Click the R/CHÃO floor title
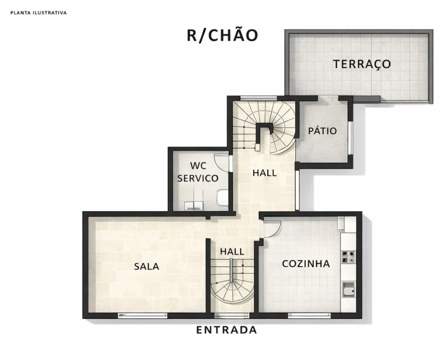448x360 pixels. click(223, 35)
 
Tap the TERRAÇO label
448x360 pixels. click(362, 64)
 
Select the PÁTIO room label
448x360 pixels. click(322, 131)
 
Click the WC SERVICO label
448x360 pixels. click(198, 172)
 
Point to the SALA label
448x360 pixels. click(147, 266)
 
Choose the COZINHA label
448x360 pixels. click(306, 263)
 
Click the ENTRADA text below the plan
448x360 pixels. click(227, 330)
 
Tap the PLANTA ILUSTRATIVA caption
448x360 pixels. click(39, 13)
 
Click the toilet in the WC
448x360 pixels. click(222, 198)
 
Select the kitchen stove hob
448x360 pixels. click(348, 256)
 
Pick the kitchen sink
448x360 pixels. click(348, 290)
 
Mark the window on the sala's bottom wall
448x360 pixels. click(143, 315)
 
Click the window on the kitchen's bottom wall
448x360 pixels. click(309, 315)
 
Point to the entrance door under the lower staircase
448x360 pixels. click(232, 315)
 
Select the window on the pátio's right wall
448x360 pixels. click(350, 138)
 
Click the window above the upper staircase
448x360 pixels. click(258, 98)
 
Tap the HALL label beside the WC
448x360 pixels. click(265, 173)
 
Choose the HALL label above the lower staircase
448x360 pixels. click(232, 252)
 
